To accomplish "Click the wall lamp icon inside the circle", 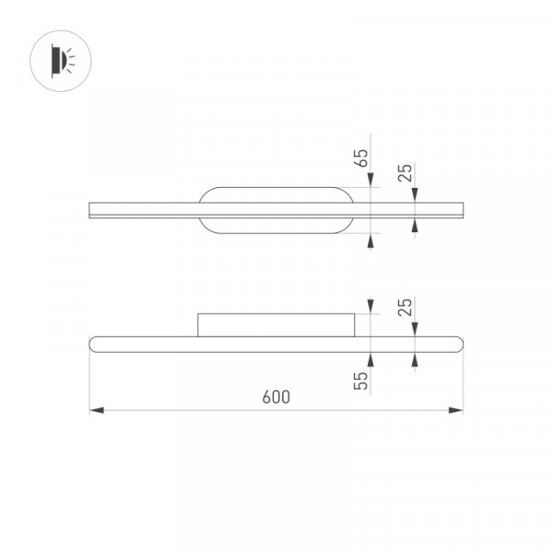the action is [x=63, y=61].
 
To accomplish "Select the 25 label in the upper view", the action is [x=405, y=173].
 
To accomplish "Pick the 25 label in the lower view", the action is [x=405, y=307].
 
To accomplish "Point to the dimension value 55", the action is [x=360, y=381].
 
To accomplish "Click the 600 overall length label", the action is [x=276, y=397].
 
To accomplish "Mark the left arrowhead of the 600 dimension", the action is [x=97, y=410].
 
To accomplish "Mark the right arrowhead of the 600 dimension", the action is [x=455, y=410].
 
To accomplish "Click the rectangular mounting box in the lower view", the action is [x=276, y=325].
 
